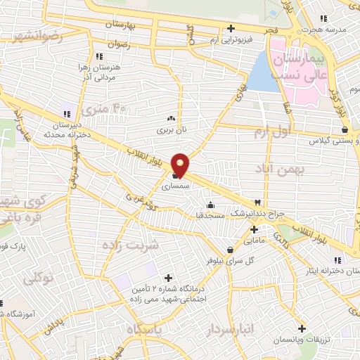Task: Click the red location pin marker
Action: [181, 165]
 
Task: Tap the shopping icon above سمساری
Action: [175, 176]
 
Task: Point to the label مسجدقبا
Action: [210, 214]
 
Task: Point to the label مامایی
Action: [253, 240]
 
